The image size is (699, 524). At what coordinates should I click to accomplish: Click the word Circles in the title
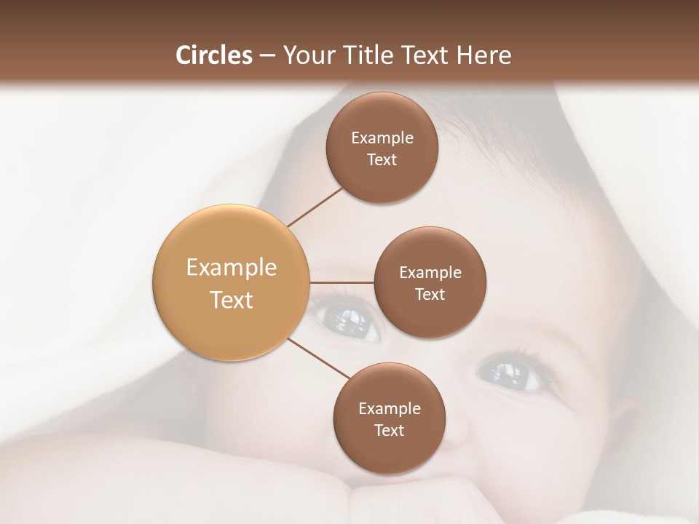(x=213, y=55)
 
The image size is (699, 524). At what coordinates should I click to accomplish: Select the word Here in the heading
(x=483, y=55)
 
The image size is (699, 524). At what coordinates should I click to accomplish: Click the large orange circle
(x=232, y=282)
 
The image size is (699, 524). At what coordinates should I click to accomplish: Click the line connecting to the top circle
(x=315, y=207)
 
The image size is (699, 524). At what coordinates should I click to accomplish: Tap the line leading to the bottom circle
(x=319, y=360)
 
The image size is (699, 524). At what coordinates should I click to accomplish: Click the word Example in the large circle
(x=232, y=268)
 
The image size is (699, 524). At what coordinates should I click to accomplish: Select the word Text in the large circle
(x=232, y=300)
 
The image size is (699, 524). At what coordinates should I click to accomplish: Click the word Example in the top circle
(x=382, y=138)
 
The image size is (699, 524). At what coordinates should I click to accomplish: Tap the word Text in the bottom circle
(x=389, y=430)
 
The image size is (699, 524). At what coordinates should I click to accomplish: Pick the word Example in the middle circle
(x=430, y=273)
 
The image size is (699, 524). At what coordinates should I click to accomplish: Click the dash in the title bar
(x=266, y=56)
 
